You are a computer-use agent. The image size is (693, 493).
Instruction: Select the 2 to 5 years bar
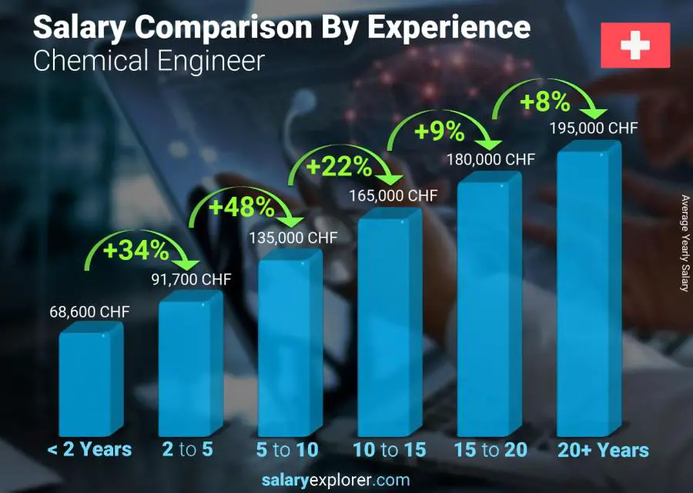click(186, 365)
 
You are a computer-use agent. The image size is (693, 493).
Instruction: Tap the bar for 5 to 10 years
click(286, 346)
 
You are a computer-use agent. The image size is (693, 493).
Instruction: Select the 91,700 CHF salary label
click(189, 279)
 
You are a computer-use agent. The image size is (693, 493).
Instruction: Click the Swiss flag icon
click(635, 45)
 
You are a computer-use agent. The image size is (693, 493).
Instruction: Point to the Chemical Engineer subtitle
click(149, 61)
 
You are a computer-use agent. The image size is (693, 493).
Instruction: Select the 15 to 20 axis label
click(490, 450)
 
